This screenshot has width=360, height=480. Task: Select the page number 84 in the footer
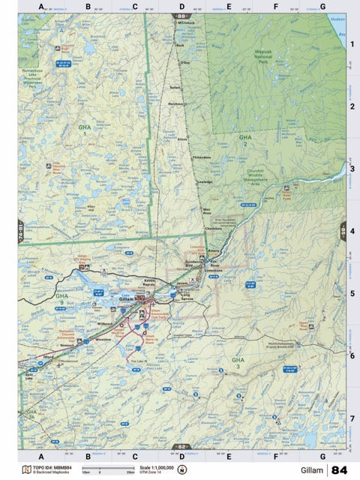339,469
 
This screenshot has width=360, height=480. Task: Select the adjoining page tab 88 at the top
181,16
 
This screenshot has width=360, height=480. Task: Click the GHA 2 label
245,140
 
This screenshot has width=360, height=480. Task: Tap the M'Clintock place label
186,22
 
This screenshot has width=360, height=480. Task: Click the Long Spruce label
189,295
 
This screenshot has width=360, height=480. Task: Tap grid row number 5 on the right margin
352,293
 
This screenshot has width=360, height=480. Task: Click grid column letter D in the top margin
181,7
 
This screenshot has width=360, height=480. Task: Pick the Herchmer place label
176,103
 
